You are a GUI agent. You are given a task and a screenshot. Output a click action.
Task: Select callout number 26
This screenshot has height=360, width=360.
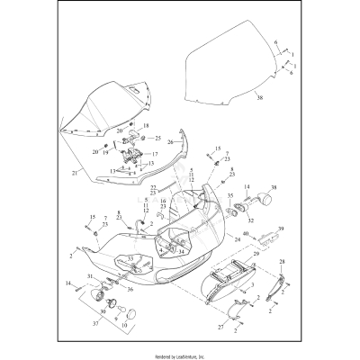169,141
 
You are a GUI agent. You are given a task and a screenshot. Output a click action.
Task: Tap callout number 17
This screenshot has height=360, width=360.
156,154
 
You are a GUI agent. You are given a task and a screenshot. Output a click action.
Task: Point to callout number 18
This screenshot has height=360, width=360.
147,126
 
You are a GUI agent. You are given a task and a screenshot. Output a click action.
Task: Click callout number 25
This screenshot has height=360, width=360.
157,138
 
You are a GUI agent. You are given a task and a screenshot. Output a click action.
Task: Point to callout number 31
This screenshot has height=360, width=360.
89,276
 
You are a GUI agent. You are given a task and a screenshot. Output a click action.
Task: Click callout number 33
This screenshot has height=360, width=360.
130,259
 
